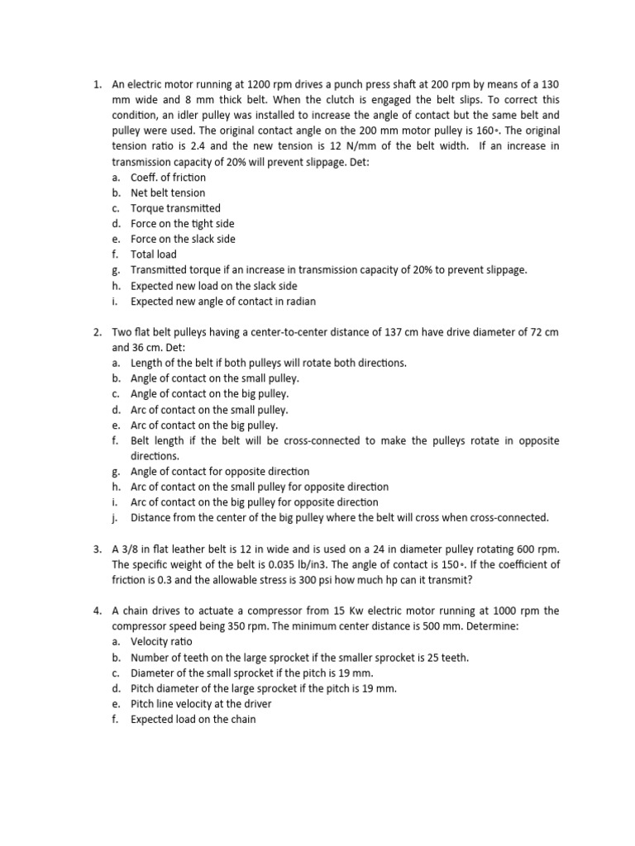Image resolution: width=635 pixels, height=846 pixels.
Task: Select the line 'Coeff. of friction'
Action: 168,178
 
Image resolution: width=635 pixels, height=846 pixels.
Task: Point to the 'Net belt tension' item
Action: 168,192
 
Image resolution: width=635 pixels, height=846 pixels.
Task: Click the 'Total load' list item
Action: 154,254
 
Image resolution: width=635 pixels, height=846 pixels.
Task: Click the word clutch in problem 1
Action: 341,100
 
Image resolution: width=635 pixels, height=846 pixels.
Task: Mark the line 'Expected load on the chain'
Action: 193,720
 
